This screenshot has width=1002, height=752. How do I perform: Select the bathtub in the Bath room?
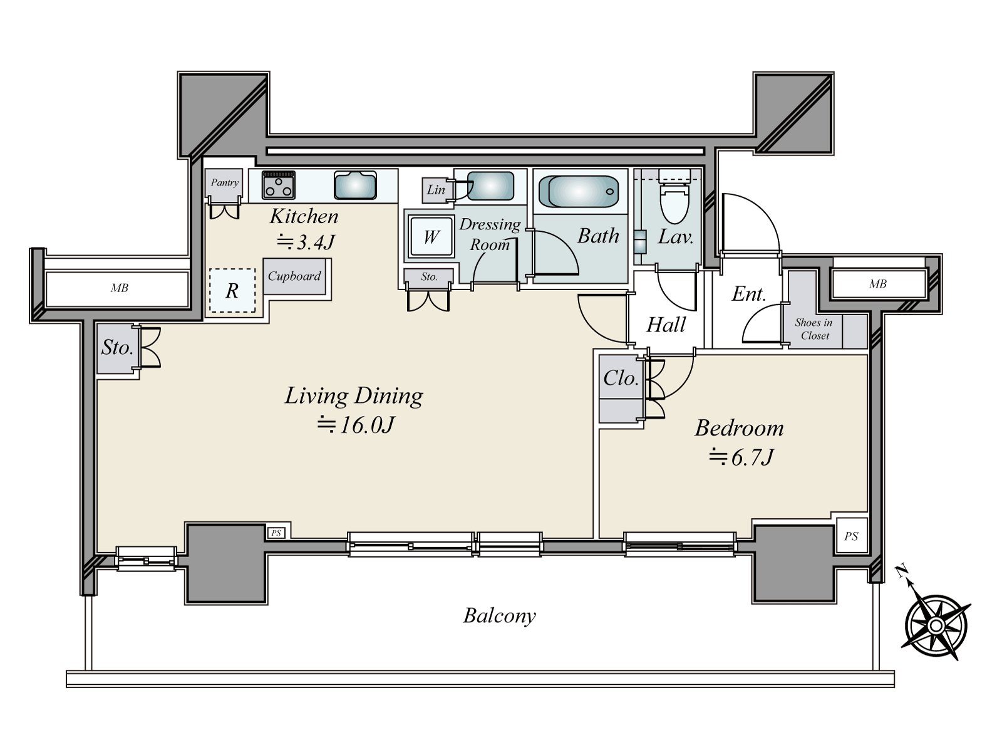tap(579, 191)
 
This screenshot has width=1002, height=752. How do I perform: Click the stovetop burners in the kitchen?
tap(279, 185)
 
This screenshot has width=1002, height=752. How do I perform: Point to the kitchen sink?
tap(355, 185)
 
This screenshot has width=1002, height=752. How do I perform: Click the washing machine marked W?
tap(431, 236)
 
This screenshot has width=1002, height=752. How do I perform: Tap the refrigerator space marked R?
tap(232, 290)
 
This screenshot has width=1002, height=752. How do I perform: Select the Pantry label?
tap(224, 182)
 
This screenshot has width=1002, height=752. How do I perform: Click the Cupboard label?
tap(294, 276)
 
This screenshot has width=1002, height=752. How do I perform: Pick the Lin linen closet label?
tap(435, 189)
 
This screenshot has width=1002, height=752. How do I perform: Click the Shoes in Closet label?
tap(813, 329)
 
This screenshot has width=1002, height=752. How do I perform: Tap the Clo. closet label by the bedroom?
tap(621, 378)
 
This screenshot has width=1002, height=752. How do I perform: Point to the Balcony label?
tap(499, 616)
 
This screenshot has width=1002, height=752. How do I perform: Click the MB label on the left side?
tap(119, 288)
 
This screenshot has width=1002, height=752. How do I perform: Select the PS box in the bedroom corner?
tap(851, 536)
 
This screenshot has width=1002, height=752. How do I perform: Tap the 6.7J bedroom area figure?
tap(741, 457)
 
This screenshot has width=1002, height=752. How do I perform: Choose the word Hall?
tap(666, 325)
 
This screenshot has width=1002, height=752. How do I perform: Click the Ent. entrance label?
tap(748, 294)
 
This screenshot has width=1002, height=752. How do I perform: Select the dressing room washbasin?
tap(490, 186)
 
